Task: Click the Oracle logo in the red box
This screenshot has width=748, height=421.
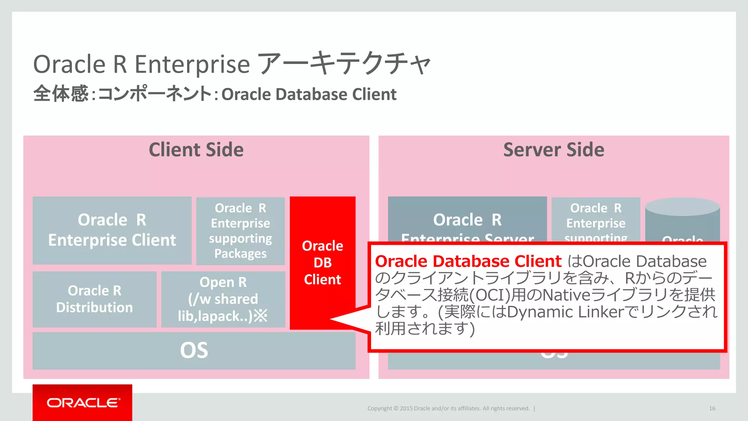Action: [x=83, y=403]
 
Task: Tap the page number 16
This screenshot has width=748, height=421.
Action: [x=712, y=408]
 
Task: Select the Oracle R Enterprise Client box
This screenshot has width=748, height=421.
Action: [x=112, y=230]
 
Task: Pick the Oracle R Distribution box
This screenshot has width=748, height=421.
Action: [x=95, y=299]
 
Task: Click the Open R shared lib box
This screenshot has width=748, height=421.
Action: [x=223, y=299]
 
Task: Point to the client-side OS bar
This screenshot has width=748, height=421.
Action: [x=194, y=350]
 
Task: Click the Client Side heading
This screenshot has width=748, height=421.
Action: [x=196, y=150]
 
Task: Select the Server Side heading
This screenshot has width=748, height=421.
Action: [x=554, y=150]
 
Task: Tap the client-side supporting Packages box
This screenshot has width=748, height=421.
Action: [x=240, y=231]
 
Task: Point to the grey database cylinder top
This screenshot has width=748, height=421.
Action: [x=682, y=207]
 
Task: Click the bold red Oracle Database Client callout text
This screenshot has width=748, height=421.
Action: [x=468, y=261]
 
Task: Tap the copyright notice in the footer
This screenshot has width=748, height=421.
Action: [x=449, y=408]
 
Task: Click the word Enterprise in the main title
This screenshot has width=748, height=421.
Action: [x=192, y=64]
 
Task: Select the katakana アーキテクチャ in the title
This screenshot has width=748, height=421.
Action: [x=344, y=64]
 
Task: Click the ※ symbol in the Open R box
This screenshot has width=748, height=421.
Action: [x=261, y=316]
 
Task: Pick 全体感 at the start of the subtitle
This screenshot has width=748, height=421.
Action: [x=61, y=94]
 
